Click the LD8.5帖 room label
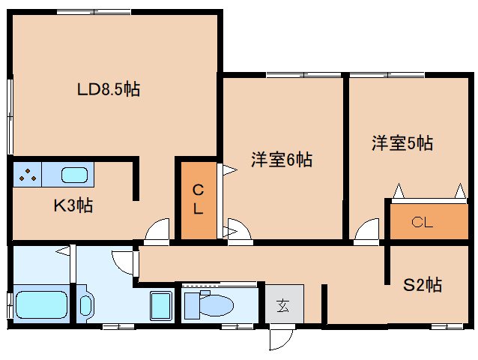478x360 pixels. tap(109, 90)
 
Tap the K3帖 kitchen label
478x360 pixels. tap(73, 205)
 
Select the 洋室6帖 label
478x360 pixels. tap(282, 159)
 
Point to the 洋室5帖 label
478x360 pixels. tap(402, 142)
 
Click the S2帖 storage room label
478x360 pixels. tap(423, 285)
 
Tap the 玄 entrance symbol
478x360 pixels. tap(282, 305)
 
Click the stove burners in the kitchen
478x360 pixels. tap(28, 176)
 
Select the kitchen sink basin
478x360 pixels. tap(74, 176)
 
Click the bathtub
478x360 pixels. tap(41, 304)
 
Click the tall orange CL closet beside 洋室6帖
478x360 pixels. tap(197, 201)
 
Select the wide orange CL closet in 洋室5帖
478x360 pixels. tap(423, 222)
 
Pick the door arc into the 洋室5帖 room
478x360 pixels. tap(367, 231)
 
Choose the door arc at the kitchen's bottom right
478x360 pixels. tap(157, 231)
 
